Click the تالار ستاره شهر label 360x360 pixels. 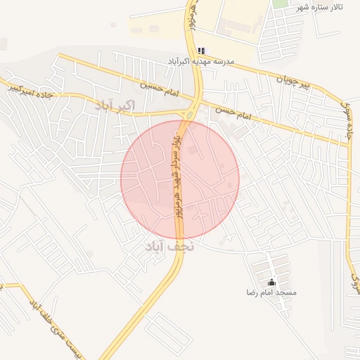click(322, 6)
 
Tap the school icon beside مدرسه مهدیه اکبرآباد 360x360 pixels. click(202, 51)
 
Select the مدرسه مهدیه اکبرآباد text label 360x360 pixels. click(198, 63)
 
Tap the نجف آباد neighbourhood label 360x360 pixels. click(169, 247)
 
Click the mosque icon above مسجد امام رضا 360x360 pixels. click(272, 281)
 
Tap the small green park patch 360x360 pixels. click(281, 4)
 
